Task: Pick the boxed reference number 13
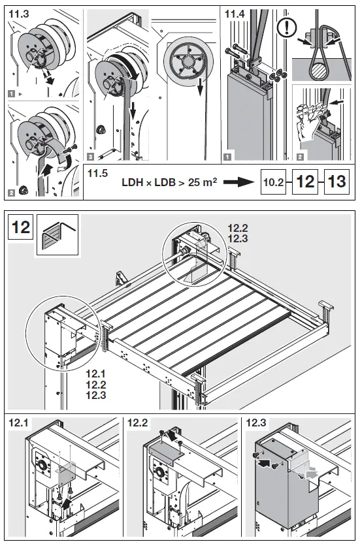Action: (336, 182)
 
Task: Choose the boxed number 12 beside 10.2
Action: (304, 182)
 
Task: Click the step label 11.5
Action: (100, 171)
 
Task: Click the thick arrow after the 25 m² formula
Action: (238, 182)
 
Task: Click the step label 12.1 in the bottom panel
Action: (18, 424)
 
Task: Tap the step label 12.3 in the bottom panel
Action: (256, 424)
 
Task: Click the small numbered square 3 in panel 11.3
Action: (90, 157)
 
